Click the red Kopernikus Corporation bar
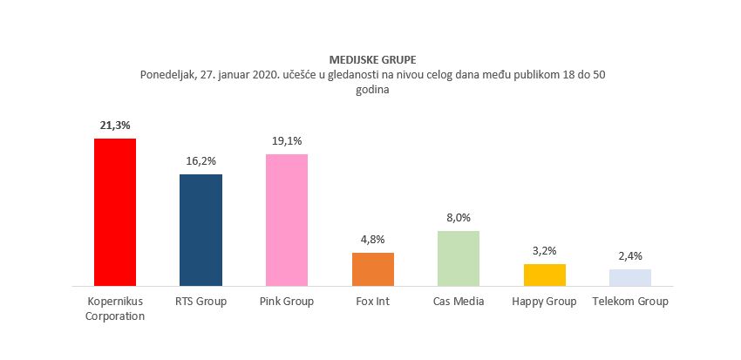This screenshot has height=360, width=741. [115, 212]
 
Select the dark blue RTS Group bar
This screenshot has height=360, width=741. [201, 229]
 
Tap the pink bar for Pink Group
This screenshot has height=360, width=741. [287, 220]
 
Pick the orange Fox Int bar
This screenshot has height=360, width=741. [372, 268]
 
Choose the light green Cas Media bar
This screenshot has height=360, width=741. [459, 258]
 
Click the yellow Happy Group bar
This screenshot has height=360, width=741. [544, 275]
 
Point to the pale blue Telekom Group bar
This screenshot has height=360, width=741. [629, 277]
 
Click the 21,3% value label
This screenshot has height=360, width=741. [115, 126]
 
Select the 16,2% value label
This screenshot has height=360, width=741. [201, 161]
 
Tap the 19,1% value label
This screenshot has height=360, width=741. [287, 141]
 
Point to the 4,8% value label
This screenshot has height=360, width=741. [372, 240]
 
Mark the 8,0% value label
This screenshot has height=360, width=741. [459, 218]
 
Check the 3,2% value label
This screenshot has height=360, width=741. [544, 251]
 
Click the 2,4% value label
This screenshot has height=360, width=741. [629, 256]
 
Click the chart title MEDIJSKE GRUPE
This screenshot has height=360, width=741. [372, 59]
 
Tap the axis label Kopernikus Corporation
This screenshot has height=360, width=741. [115, 309]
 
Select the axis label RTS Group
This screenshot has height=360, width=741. [201, 302]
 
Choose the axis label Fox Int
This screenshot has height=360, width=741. [372, 302]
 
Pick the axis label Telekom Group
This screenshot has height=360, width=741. [629, 302]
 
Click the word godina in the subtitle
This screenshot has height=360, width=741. [372, 89]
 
